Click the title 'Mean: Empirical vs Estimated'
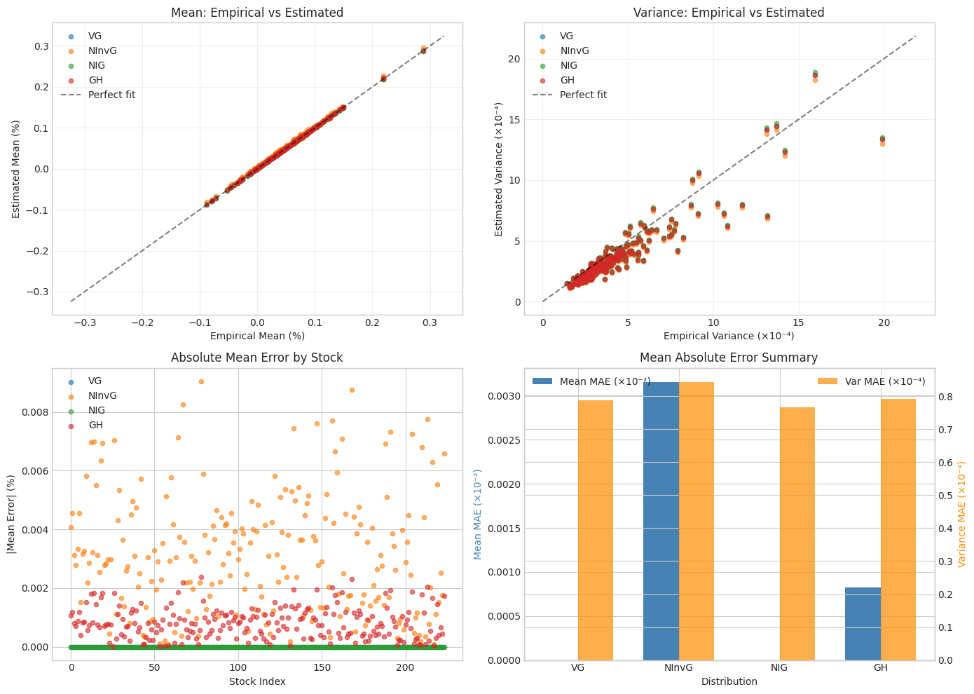[x=257, y=13]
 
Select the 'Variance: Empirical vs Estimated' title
[x=729, y=13]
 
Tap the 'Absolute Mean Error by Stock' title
[x=257, y=358]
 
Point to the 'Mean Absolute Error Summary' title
[x=729, y=358]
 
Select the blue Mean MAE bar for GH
[x=863, y=624]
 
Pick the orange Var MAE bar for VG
[x=596, y=530]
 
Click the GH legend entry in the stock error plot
[x=95, y=425]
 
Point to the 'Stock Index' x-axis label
[x=257, y=681]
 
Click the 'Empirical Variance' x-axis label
[x=729, y=336]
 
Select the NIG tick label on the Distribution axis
[x=779, y=668]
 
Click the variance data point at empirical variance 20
[x=882, y=140]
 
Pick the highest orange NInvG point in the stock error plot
[x=201, y=381]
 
